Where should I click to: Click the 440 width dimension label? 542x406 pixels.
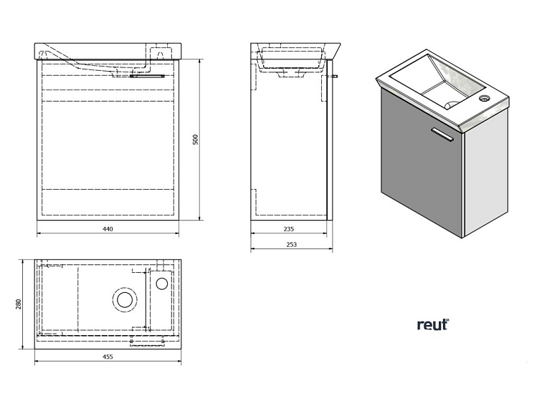(x=108, y=229)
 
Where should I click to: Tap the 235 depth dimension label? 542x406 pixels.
(x=288, y=229)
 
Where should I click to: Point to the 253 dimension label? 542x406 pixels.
(x=291, y=245)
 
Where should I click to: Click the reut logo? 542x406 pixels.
(x=433, y=324)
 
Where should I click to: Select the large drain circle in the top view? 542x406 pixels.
(x=124, y=298)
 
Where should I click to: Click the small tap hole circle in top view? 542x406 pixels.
(x=162, y=283)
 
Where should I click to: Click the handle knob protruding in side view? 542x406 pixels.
(x=335, y=75)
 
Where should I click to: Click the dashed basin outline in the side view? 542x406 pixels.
(x=290, y=61)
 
